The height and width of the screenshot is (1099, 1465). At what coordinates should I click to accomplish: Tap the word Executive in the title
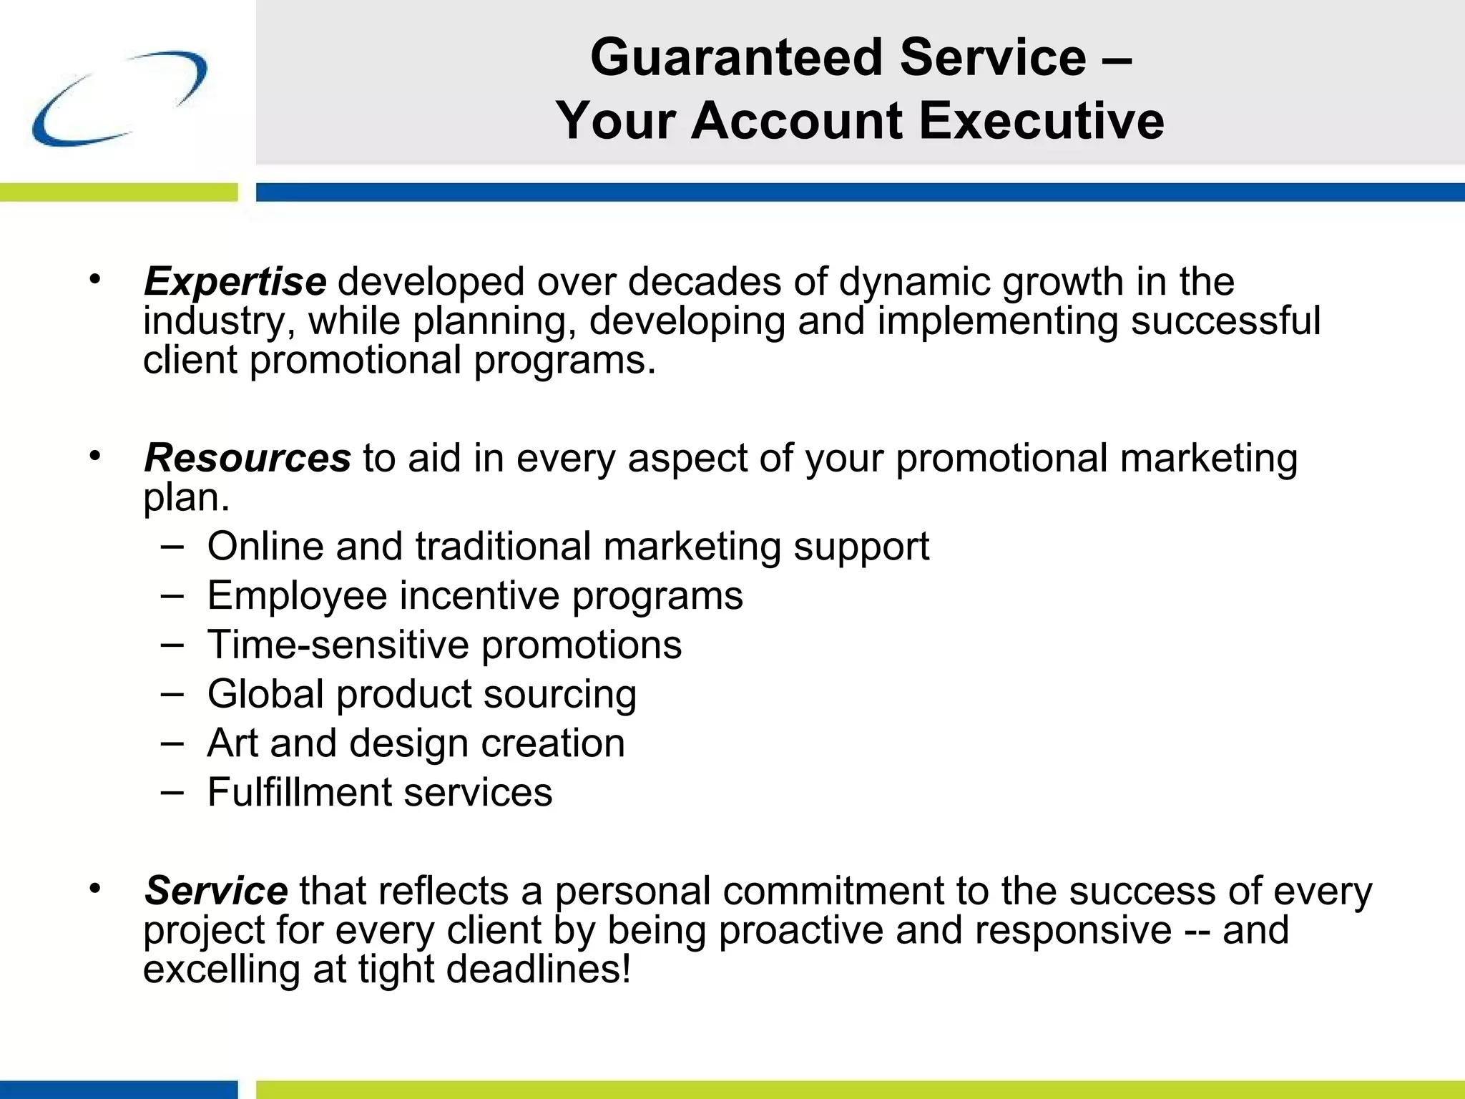coord(1041,120)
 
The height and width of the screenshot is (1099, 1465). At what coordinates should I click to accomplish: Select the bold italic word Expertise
coord(235,282)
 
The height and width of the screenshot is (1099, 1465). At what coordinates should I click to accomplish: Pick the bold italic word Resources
coord(248,459)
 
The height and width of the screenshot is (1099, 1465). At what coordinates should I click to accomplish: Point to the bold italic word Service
coord(216,892)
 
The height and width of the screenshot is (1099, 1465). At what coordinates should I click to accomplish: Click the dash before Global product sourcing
coord(172,693)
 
